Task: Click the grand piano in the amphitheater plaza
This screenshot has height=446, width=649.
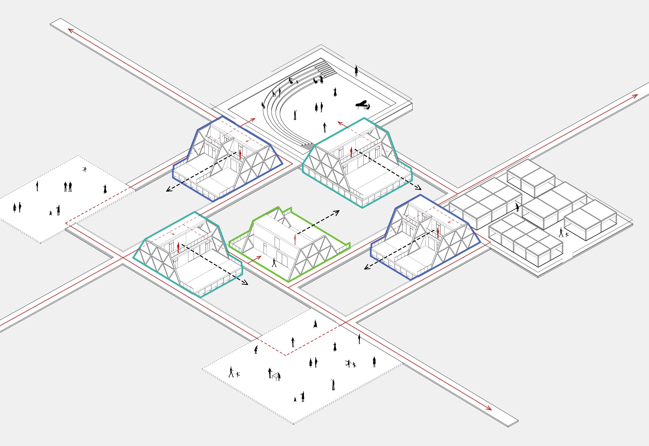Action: coord(361,105)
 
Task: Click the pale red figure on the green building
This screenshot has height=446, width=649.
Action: coord(295,239)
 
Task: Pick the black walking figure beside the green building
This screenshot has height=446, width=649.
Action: coord(274,263)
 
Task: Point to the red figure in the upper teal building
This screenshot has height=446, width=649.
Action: coord(351,152)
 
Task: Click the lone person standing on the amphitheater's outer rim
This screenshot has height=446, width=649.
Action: coord(356,71)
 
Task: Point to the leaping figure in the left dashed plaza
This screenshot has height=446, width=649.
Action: coord(85,169)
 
